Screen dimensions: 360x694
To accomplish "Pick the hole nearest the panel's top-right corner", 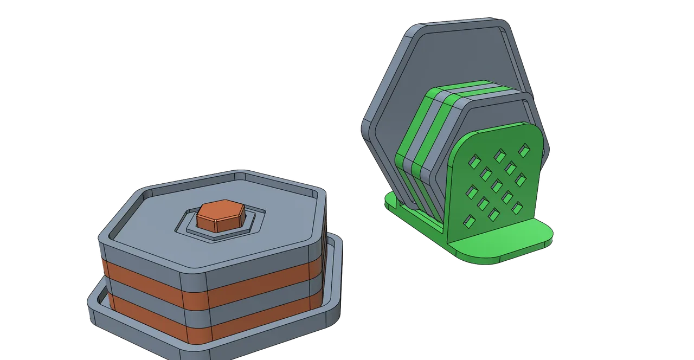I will (x=524, y=149).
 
